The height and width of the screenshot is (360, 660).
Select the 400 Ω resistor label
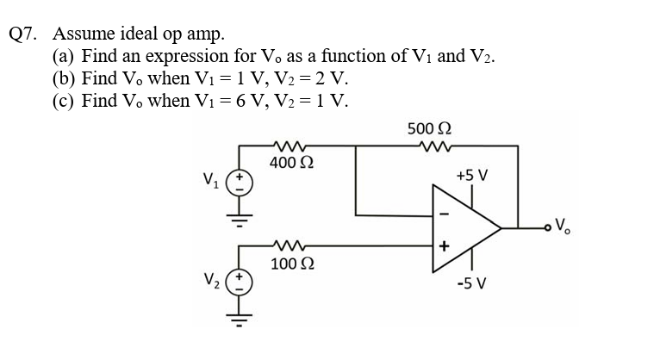pos(291,164)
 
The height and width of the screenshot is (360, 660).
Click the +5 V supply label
pos(472,176)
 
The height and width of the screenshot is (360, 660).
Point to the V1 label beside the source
pos(212,183)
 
